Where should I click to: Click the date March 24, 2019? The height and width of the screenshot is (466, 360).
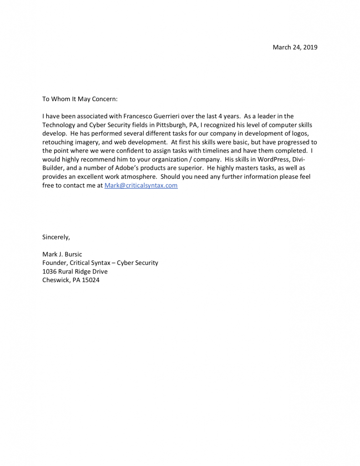click(x=294, y=47)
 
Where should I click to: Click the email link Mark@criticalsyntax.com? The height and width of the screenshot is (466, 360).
click(x=141, y=186)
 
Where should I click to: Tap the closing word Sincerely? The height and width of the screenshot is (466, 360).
click(x=56, y=237)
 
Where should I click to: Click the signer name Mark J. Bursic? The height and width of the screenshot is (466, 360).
click(x=62, y=254)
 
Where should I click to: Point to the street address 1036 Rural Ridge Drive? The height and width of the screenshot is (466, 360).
click(x=75, y=272)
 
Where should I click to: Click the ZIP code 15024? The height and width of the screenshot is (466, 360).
click(x=91, y=280)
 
